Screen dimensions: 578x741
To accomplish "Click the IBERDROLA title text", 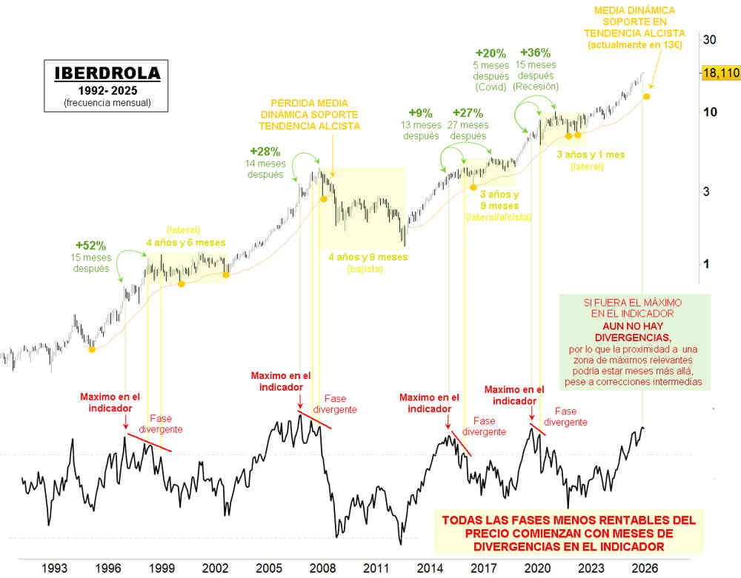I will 107,74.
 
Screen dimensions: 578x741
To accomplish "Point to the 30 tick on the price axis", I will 708,40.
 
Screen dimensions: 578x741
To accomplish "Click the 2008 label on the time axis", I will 323,568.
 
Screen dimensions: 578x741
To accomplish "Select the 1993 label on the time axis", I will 56,568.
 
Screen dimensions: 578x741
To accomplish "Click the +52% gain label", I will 92,245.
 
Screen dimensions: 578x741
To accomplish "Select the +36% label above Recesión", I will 535,53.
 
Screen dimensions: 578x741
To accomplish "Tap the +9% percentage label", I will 422,113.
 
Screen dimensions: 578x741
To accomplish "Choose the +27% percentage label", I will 468,113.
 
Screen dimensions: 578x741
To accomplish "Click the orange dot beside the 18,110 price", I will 647,97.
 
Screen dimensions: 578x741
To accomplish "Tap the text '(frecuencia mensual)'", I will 107,102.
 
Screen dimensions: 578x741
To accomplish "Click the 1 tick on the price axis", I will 706,264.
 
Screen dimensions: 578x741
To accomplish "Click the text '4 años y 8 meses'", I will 368,257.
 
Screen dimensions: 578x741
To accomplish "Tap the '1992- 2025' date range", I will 107,90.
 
